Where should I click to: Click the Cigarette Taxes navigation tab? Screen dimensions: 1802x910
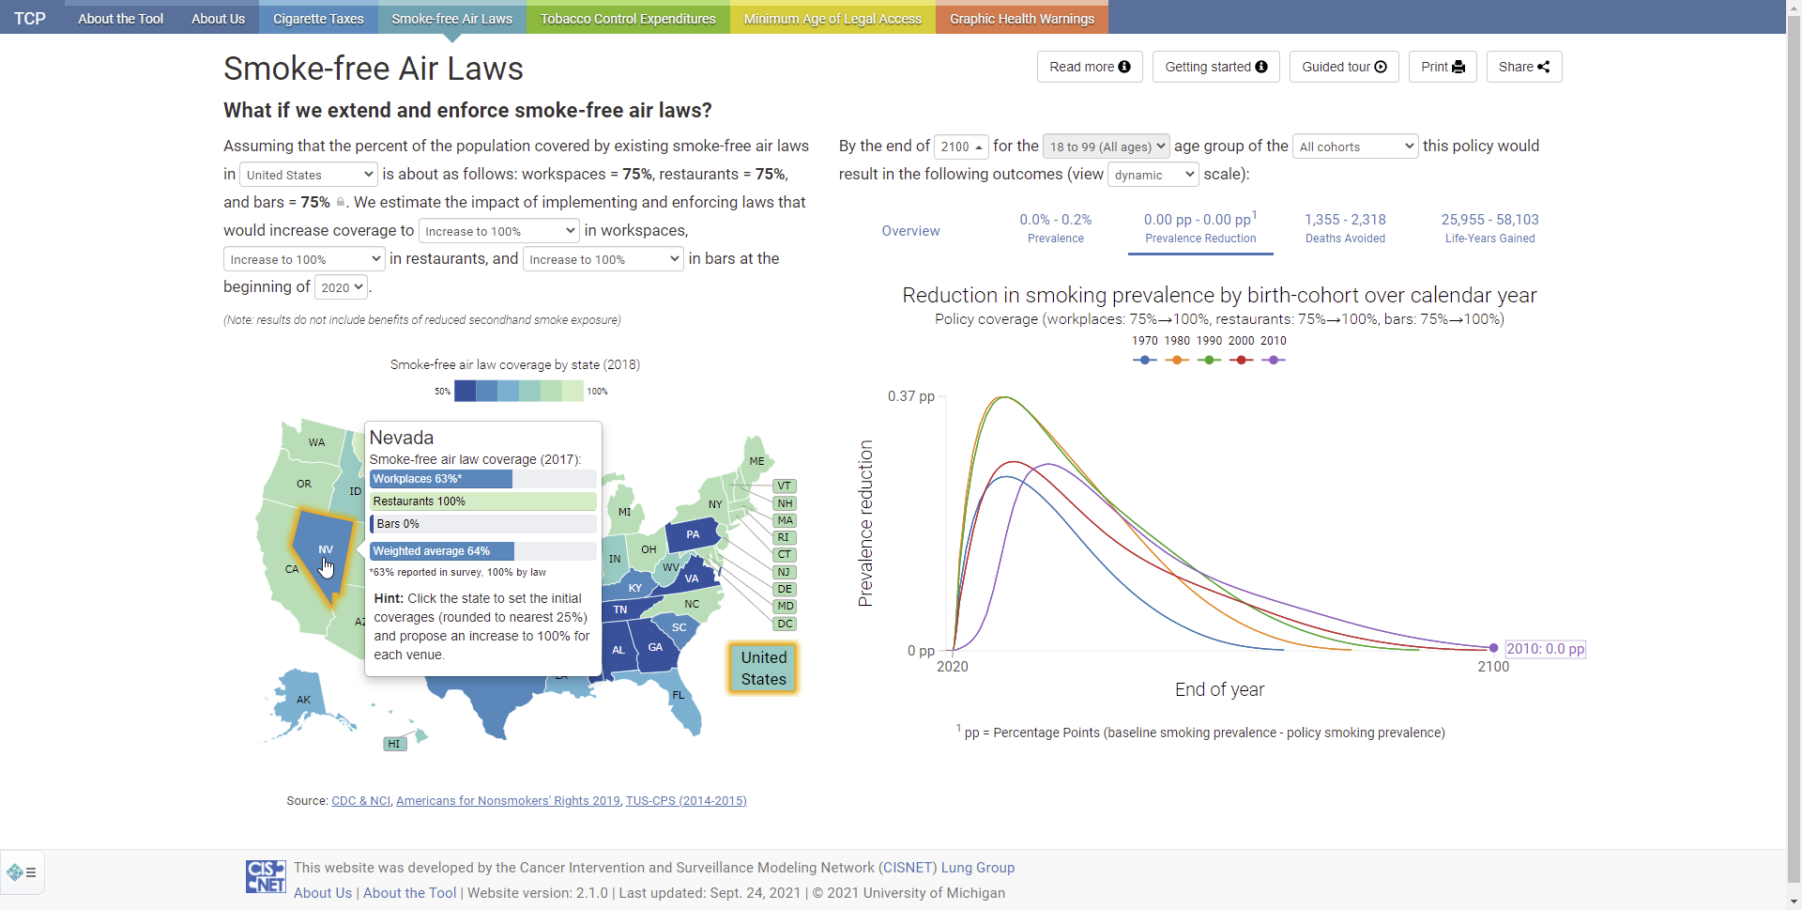click(318, 18)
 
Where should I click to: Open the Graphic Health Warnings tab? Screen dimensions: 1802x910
click(1021, 18)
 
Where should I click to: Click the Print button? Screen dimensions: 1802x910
click(1443, 67)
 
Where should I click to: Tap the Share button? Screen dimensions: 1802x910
click(1524, 67)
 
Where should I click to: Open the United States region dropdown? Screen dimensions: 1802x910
click(309, 175)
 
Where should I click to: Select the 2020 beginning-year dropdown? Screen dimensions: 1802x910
click(341, 287)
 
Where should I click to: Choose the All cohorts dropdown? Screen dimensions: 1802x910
click(1355, 147)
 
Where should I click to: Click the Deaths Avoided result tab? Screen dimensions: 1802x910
click(1345, 228)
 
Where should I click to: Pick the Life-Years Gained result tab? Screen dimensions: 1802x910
click(1489, 228)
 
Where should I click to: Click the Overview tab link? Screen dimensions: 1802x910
click(910, 231)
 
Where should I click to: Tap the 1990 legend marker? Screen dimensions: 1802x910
click(1209, 360)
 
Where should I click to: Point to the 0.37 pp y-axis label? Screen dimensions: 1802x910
click(910, 396)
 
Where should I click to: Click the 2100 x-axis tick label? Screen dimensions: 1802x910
click(1493, 667)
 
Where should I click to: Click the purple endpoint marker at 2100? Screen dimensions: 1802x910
click(1493, 648)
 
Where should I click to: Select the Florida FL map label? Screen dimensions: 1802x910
click(679, 696)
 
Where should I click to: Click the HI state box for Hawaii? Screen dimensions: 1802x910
click(394, 744)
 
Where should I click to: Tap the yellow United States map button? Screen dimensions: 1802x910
click(763, 668)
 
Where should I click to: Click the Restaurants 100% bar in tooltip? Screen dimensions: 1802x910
click(483, 501)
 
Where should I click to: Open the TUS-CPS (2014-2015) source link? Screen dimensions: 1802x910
click(686, 801)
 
